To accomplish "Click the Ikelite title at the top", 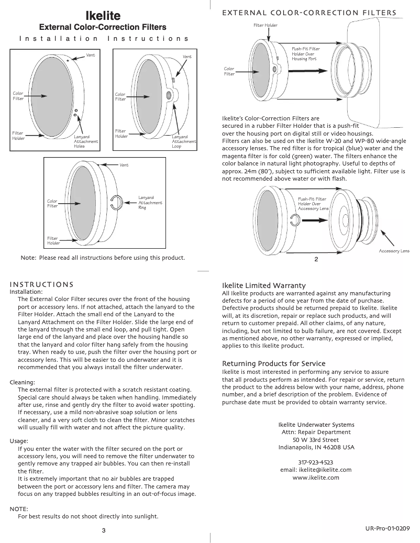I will click(103, 16).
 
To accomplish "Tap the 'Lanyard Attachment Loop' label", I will click(184, 141).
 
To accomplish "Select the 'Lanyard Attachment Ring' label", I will click(150, 203).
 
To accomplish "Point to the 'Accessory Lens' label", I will click(394, 251).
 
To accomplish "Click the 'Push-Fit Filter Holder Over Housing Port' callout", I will click(306, 54).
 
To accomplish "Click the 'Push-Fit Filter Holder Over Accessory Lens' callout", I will click(313, 204).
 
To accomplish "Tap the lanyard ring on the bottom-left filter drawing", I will click(117, 202).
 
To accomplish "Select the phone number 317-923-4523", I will click(316, 462).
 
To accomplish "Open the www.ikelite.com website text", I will click(316, 478).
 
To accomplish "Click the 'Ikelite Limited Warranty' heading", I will click(264, 285).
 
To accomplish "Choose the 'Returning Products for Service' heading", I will click(274, 363).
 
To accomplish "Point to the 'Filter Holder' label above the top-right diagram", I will click(266, 25).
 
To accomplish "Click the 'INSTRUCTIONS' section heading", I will click(42, 284).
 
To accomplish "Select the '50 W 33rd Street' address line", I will click(316, 440).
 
